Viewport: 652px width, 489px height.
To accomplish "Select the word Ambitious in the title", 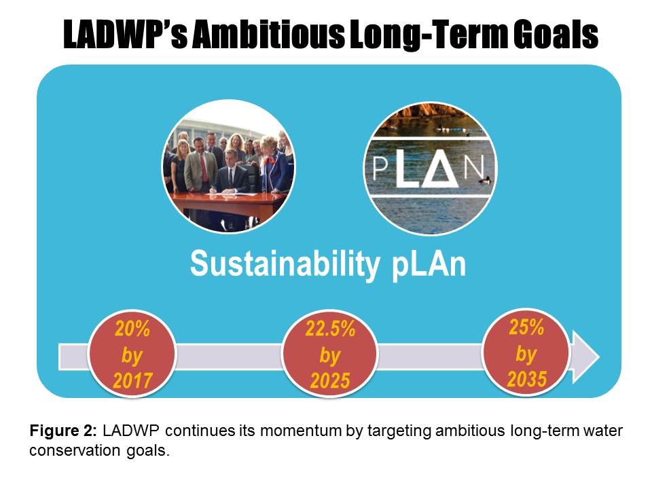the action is (x=268, y=34).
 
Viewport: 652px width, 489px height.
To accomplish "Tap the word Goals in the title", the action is (x=555, y=34).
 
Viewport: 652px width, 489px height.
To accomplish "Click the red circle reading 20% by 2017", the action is (x=132, y=354).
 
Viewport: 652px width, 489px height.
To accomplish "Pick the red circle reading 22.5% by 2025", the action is (x=330, y=354).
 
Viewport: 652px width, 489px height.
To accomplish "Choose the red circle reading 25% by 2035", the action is (x=526, y=352).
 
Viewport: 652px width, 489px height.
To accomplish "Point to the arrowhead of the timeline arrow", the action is (x=585, y=357).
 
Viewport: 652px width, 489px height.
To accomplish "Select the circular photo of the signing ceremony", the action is (x=228, y=166).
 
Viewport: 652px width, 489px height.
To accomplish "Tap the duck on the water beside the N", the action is (x=485, y=179).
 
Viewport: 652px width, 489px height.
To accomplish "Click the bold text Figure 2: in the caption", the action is (x=63, y=431).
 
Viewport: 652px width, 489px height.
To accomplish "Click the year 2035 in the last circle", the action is (x=526, y=379).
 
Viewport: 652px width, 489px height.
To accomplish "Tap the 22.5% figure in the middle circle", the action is (x=330, y=329).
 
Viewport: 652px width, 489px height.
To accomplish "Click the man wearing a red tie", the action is (x=201, y=164).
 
